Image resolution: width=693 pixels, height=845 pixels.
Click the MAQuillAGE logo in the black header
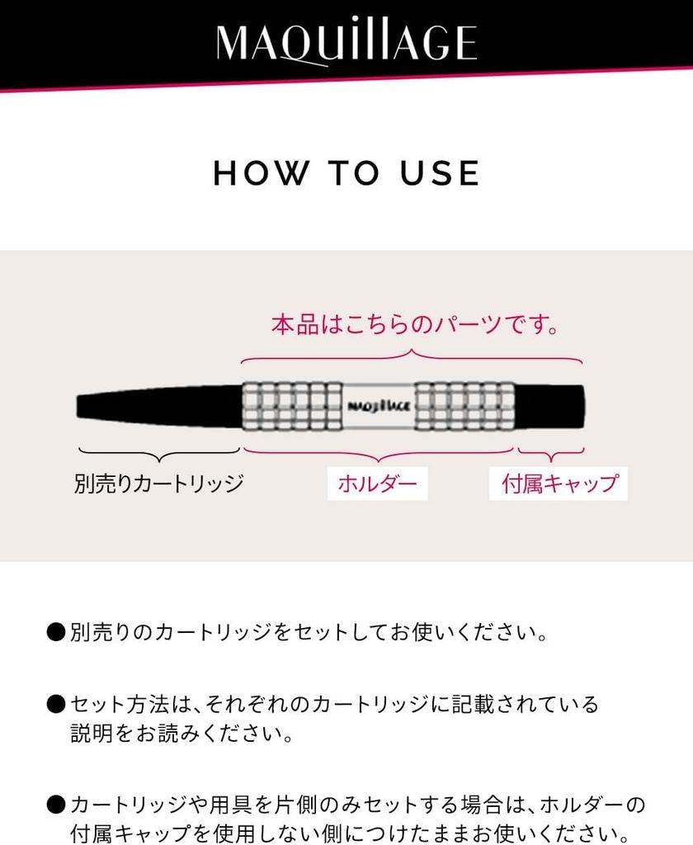pyautogui.click(x=346, y=43)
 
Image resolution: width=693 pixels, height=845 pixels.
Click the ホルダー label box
pyautogui.click(x=378, y=483)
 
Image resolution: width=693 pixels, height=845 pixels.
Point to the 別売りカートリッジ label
pyautogui.click(x=159, y=483)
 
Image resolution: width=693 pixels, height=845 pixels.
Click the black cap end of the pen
pyautogui.click(x=551, y=406)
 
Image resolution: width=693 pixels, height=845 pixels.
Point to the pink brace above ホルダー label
pyautogui.click(x=378, y=452)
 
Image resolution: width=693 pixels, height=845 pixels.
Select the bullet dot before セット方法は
pyautogui.click(x=56, y=706)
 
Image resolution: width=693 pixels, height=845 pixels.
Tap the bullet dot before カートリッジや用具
pyautogui.click(x=56, y=803)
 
